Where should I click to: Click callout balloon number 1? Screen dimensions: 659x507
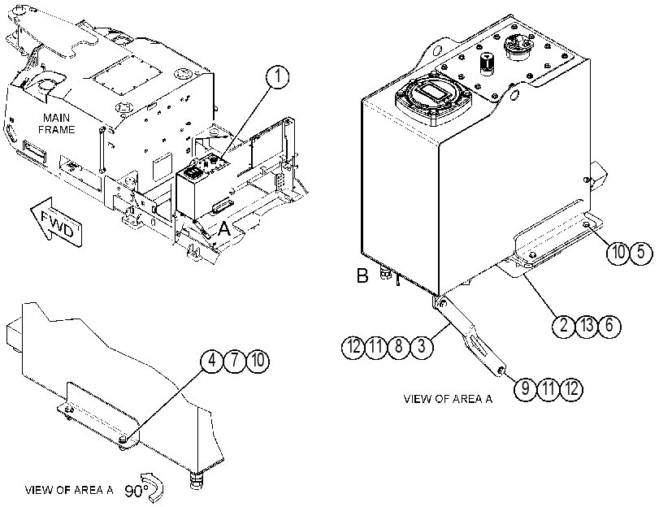(277, 78)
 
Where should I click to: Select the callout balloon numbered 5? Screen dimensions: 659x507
(641, 253)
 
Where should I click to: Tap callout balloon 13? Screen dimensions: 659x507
(587, 325)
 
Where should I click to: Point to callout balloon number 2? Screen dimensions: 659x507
(564, 325)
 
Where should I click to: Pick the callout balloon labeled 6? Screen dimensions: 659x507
(609, 325)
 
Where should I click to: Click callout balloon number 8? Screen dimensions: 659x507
(398, 347)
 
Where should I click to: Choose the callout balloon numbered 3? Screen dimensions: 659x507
(421, 347)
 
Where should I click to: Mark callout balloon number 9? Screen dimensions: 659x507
(526, 388)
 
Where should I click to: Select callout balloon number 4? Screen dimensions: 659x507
(212, 361)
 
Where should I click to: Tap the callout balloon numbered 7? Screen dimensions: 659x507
(235, 361)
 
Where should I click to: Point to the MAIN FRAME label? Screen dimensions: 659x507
(57, 123)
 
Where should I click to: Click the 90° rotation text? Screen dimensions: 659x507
(137, 491)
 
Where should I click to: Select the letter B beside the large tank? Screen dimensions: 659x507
(362, 276)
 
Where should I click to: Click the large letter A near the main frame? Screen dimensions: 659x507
(225, 229)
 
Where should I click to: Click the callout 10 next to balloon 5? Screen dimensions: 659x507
(618, 253)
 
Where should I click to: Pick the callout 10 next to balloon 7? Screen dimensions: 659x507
(258, 361)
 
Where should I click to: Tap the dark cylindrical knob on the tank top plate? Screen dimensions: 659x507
(487, 64)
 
